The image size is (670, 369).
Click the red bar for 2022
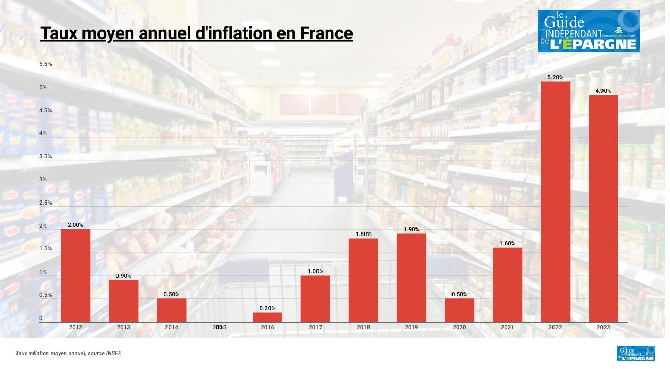555,202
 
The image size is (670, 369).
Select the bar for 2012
75,276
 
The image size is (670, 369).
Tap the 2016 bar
267,317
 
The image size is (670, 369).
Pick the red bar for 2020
459,310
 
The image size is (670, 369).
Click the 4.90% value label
603,91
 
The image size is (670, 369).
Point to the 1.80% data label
363,234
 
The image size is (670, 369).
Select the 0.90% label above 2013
123,276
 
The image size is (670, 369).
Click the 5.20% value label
555,77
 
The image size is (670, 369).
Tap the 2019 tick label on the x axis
411,327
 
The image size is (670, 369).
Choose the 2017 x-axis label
315,327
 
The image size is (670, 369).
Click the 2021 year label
507,327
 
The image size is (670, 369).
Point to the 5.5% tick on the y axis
45,64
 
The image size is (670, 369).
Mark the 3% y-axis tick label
43,180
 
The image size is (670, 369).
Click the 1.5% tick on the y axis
45,249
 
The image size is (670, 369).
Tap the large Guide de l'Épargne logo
588,31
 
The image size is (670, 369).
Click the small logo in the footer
635,354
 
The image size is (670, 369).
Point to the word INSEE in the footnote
114,354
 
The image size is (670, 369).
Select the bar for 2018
363,280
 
